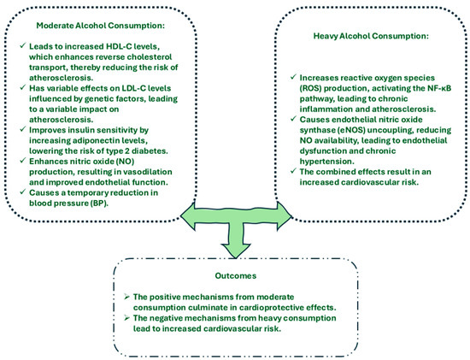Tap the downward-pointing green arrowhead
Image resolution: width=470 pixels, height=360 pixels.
coord(245,249)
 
